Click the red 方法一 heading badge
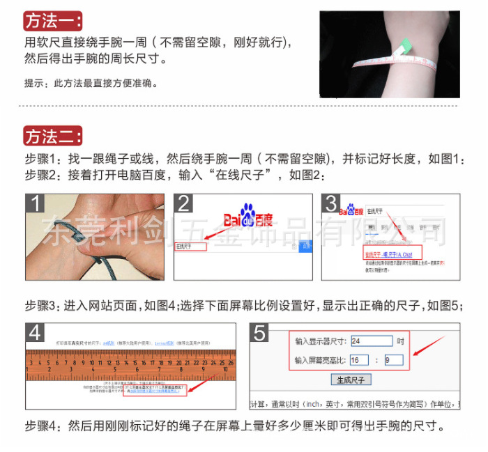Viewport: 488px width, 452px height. pos(53,20)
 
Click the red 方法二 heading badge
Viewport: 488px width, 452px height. pos(53,135)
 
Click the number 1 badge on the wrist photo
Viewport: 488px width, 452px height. pos(36,204)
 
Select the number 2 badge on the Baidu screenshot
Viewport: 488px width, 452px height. pos(185,204)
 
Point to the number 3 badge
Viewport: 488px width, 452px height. pos(332,204)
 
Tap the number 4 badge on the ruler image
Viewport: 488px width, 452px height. pos(36,333)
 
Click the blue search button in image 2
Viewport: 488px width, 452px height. pos(305,247)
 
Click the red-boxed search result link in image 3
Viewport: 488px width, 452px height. pos(393,254)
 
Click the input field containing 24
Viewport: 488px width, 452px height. pos(371,341)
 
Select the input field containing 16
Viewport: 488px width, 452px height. pos(359,360)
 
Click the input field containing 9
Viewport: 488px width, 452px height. pos(393,360)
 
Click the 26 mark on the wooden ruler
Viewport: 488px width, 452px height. pos(230,363)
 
